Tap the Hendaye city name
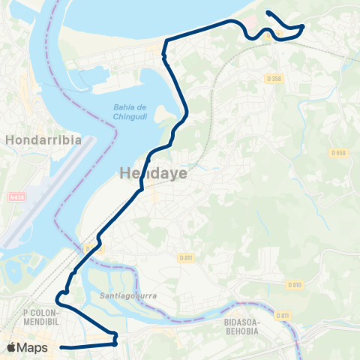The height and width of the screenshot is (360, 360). pyautogui.click(x=153, y=174)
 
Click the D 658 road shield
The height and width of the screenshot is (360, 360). pyautogui.click(x=338, y=153)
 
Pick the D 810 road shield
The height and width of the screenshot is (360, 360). pyautogui.click(x=294, y=284)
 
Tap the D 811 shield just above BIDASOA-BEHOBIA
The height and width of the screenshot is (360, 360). pyautogui.click(x=282, y=315)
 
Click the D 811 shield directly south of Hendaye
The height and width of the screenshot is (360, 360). pyautogui.click(x=186, y=257)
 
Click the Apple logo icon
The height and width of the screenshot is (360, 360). pyautogui.click(x=11, y=347)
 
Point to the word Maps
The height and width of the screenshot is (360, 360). pyautogui.click(x=32, y=347)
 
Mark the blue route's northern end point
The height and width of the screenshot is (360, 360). pyautogui.click(x=268, y=13)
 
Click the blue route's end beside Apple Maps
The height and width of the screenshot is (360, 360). pyautogui.click(x=61, y=347)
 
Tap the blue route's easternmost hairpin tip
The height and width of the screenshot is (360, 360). pyautogui.click(x=303, y=26)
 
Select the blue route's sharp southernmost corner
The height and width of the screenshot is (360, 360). pyautogui.click(x=115, y=344)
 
